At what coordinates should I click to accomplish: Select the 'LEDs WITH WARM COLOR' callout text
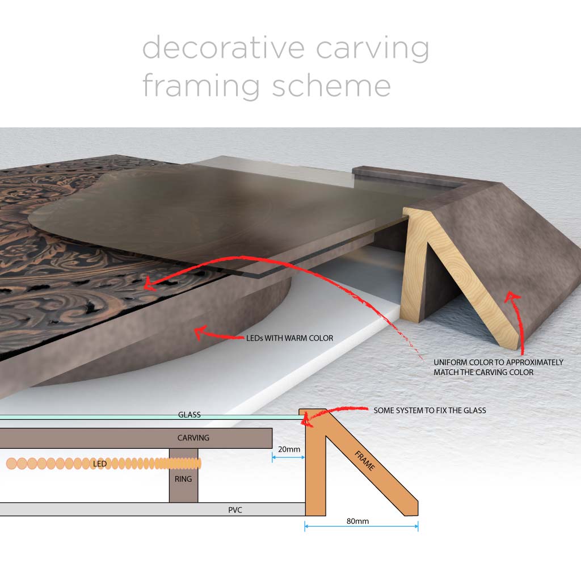[x=290, y=338]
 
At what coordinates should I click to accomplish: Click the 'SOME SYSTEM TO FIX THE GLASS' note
[x=430, y=410]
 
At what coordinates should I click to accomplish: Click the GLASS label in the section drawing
[x=190, y=415]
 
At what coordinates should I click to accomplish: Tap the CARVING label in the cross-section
[x=193, y=438]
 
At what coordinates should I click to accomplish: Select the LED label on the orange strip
[x=100, y=464]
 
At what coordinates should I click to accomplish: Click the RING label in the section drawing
[x=183, y=479]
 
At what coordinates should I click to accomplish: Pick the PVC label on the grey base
[x=235, y=510]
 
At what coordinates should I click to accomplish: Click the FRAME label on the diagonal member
[x=364, y=460]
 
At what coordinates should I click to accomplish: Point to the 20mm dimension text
[x=289, y=449]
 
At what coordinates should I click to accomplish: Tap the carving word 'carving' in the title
[x=372, y=48]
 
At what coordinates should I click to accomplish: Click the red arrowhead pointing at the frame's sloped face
[x=512, y=296]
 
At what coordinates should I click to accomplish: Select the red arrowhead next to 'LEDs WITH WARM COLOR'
[x=199, y=330]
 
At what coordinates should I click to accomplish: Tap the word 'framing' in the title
[x=201, y=86]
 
